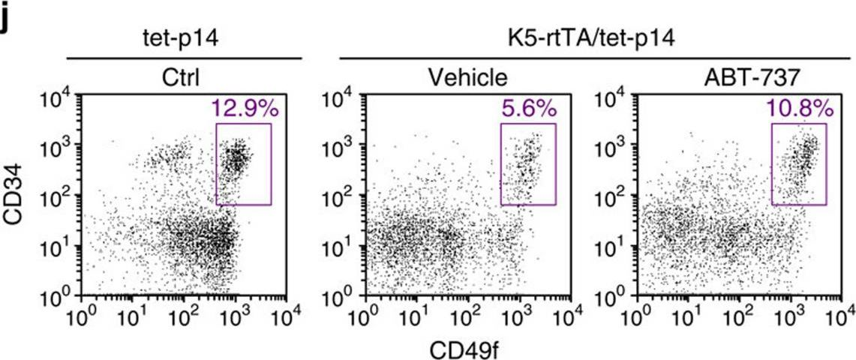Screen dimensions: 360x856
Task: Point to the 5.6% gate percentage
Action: click(529, 109)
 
